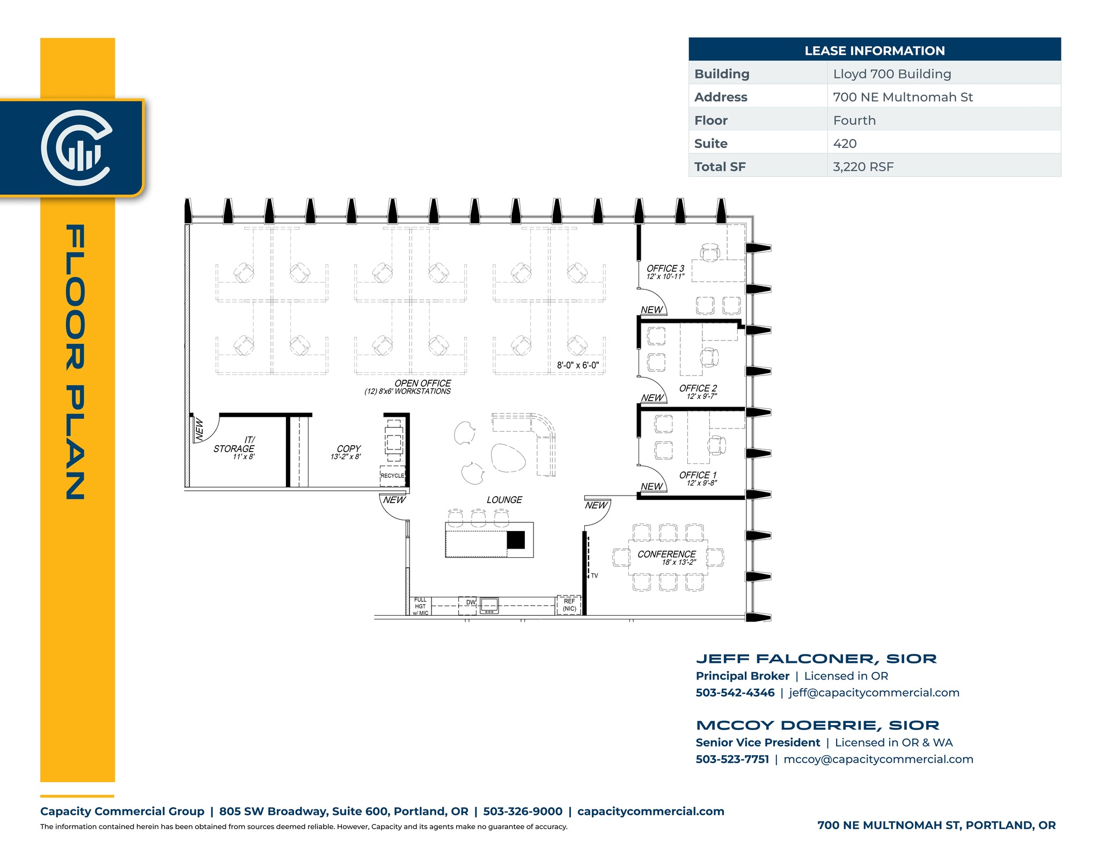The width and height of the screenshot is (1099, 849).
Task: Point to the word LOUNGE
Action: pos(504,500)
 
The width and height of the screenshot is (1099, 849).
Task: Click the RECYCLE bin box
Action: pos(392,476)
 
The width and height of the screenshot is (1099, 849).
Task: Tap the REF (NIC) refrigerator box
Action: pos(569,605)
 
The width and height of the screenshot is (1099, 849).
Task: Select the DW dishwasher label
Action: pos(471,602)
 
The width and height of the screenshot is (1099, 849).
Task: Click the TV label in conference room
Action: pos(594,575)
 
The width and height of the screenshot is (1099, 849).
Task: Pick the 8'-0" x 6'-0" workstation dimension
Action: pos(577,365)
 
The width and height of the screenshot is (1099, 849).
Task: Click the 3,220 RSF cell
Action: pos(863,167)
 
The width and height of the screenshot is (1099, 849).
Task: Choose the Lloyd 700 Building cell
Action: pos(892,74)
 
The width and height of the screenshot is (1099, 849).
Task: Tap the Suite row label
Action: pos(710,144)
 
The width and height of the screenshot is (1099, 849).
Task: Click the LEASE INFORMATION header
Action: pos(874,50)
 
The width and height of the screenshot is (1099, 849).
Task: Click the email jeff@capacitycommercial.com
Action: pos(874,692)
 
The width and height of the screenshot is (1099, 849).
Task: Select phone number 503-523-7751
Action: pos(732,759)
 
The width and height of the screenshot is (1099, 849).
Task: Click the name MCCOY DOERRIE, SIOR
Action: pos(817,725)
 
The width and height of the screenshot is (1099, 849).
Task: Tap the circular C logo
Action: pos(76,147)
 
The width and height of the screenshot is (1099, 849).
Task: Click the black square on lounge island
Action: pos(516,540)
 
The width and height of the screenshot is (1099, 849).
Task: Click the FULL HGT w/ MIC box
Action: pos(420,607)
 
